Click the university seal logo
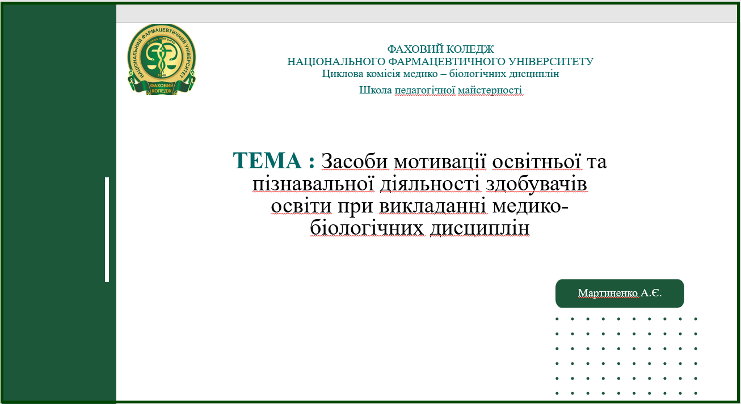[162, 59]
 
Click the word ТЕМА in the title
[267, 160]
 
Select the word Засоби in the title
[354, 161]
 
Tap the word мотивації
[440, 162]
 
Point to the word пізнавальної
[313, 184]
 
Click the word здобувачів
[536, 184]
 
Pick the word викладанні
[433, 206]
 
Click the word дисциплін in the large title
[479, 228]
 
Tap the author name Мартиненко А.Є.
[620, 293]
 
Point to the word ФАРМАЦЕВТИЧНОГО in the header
[447, 61]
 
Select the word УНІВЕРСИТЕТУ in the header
[551, 61]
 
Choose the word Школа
[376, 90]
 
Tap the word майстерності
[490, 90]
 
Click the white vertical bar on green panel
[107, 229]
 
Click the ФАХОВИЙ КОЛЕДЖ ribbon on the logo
[162, 87]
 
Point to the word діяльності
[430, 184]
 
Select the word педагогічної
[425, 90]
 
